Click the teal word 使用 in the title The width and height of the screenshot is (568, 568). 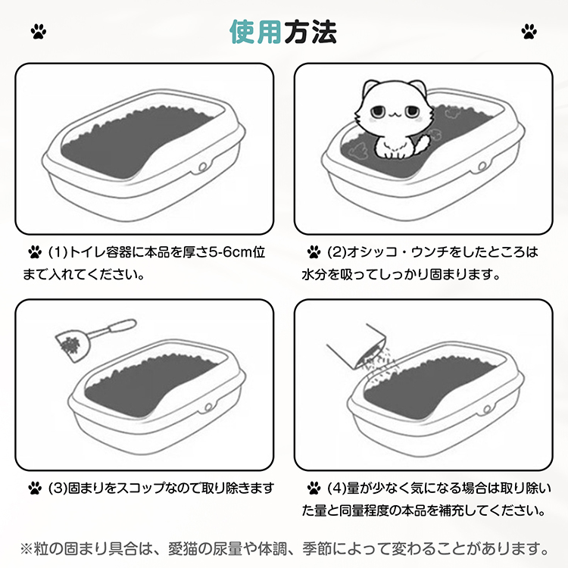point(256,32)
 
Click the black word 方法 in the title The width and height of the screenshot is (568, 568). point(311,32)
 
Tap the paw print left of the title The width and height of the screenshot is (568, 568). point(39,32)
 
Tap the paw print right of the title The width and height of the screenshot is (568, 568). point(529,32)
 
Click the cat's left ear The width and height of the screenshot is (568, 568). point(370,88)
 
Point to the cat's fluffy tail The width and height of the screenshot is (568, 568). point(422,144)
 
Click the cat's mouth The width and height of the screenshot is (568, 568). point(394,116)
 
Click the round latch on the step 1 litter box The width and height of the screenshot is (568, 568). point(202,167)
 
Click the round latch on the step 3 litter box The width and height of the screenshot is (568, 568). point(208,408)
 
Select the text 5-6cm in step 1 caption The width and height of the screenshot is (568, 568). point(231,251)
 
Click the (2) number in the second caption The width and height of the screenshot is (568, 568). point(336,251)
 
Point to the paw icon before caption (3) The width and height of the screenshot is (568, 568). point(35,488)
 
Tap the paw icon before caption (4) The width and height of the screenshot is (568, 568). point(314,488)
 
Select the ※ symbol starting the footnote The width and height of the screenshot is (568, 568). point(27,549)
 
